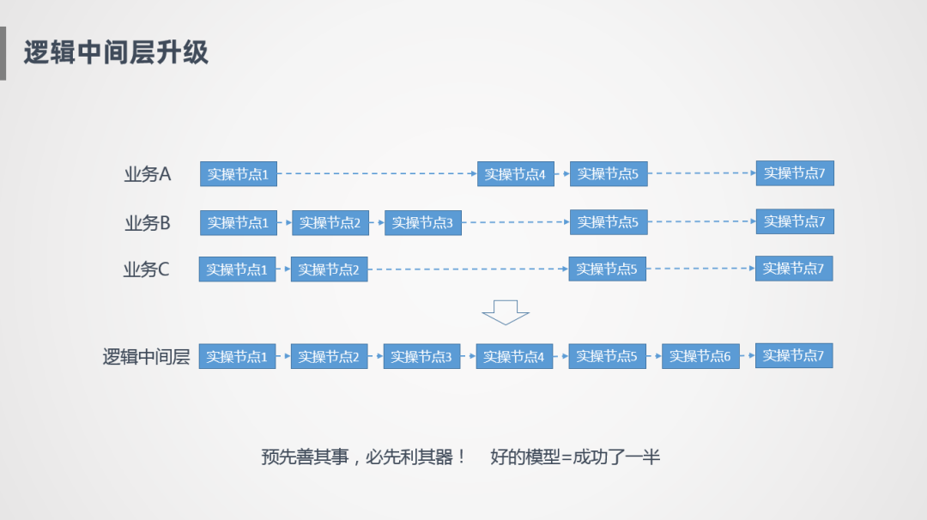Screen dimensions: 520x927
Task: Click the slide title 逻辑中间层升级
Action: click(x=116, y=52)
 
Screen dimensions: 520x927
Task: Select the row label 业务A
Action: click(x=148, y=174)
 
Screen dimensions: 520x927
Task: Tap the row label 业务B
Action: click(x=148, y=223)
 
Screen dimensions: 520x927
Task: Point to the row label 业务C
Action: click(x=147, y=270)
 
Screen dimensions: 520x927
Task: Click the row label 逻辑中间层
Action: click(x=147, y=357)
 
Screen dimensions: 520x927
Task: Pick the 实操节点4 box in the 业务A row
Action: click(x=516, y=174)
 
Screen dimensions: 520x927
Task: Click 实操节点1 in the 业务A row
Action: click(x=239, y=174)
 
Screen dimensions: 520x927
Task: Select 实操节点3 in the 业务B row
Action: click(x=423, y=223)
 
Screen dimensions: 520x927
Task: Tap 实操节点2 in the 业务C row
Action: click(x=329, y=269)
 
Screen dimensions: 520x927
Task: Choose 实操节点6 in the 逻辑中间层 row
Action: click(x=700, y=356)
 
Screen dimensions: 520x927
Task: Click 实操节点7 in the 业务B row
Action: click(x=795, y=221)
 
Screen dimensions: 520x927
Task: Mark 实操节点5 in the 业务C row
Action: click(x=607, y=269)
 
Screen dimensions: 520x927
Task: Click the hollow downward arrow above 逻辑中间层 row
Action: click(x=506, y=312)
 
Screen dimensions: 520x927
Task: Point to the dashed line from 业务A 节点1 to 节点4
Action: click(x=378, y=174)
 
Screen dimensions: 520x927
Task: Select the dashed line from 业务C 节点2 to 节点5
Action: click(x=468, y=269)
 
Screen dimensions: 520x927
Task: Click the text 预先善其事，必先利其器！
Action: click(x=364, y=457)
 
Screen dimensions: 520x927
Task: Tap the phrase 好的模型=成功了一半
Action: click(x=575, y=457)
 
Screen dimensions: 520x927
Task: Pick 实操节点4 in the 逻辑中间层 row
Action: click(x=515, y=356)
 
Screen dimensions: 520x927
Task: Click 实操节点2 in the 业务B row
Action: click(x=330, y=223)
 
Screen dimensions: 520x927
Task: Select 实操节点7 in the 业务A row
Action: click(x=795, y=173)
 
